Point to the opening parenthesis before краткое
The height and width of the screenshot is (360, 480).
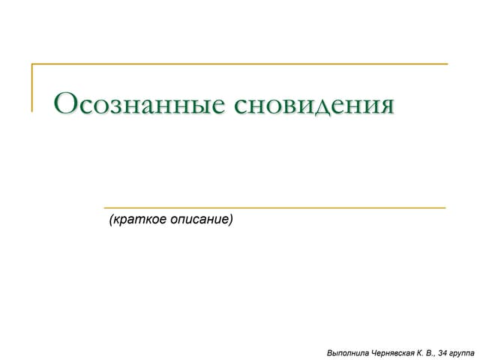tap(111, 220)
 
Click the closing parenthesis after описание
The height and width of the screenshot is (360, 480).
tap(231, 220)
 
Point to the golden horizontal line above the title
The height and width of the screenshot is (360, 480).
tap(240, 64)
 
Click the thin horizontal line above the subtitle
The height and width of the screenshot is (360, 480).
tap(274, 207)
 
